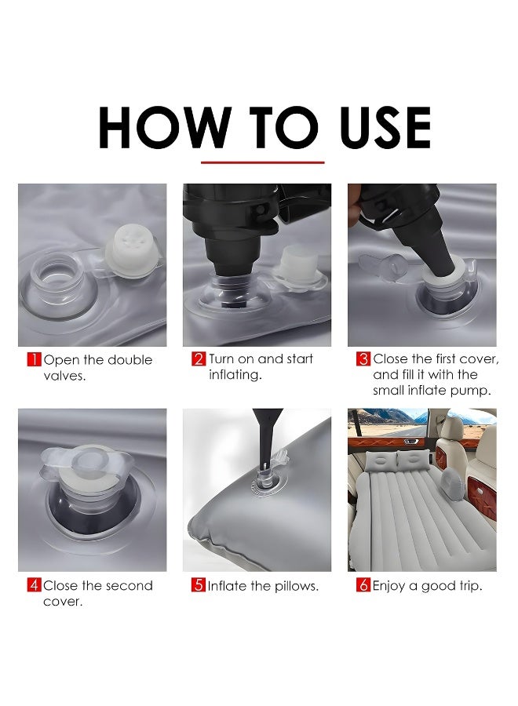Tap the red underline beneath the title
pyautogui.click(x=263, y=162)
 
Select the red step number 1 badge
pyautogui.click(x=35, y=360)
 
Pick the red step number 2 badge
pyautogui.click(x=199, y=358)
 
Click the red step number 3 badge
pyautogui.click(x=363, y=358)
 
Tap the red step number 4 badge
pyautogui.click(x=35, y=585)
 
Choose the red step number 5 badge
pyautogui.click(x=199, y=585)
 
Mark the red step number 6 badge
pyautogui.click(x=363, y=585)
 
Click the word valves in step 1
pyautogui.click(x=64, y=376)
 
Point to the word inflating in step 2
pyautogui.click(x=235, y=375)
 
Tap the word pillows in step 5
pyautogui.click(x=295, y=586)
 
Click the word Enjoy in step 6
pyautogui.click(x=388, y=586)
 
